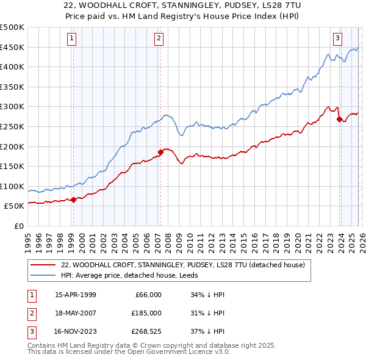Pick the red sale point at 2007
pos(160,151)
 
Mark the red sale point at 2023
pos(339,119)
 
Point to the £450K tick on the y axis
pos(12,47)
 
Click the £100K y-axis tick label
pos(12,186)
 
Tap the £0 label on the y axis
pos(19,226)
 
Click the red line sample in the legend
pos(43,265)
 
